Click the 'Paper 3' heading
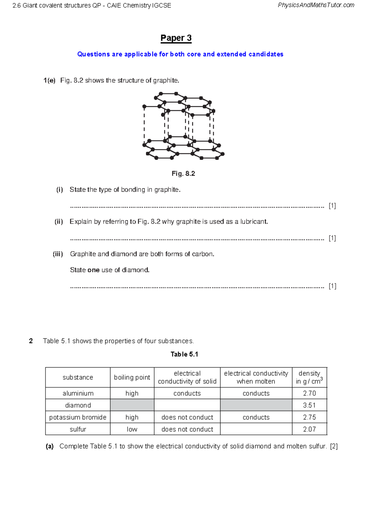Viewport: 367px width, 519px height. point(176,38)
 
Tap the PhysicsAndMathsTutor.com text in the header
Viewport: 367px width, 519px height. point(316,5)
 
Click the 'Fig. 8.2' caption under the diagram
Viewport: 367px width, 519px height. point(183,174)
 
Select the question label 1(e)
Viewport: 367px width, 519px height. point(49,80)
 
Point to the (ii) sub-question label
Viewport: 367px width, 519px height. point(59,222)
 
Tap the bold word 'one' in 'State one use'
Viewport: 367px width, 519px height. point(93,270)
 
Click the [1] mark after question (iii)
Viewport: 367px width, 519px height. point(332,286)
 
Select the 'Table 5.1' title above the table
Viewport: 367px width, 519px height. point(184,354)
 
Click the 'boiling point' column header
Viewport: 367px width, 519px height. point(132,377)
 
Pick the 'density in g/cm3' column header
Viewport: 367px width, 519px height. point(309,377)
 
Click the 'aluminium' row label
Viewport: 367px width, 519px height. point(78,393)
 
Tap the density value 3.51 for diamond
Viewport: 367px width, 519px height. point(309,405)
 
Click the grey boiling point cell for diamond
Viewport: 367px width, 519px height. point(132,405)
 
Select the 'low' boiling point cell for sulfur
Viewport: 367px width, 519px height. point(132,429)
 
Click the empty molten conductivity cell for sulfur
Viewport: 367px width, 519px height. point(256,429)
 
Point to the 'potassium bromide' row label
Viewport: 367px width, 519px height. point(78,417)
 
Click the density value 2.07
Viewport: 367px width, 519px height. point(309,429)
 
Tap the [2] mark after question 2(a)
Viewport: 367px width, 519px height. point(334,446)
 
